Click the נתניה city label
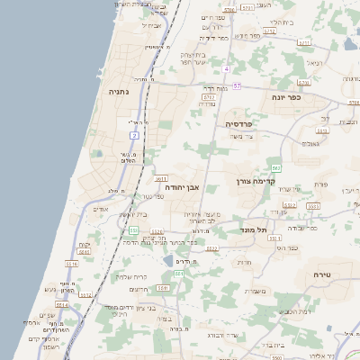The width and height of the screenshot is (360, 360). tap(119, 91)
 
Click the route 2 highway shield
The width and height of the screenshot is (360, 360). tap(134, 135)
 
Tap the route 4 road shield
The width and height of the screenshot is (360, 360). tap(228, 68)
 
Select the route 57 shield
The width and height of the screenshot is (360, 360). tap(236, 85)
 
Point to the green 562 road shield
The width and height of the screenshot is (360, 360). tap(276, 168)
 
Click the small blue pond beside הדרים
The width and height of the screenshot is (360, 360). tap(168, 261)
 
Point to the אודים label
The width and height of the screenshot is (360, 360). tap(101, 209)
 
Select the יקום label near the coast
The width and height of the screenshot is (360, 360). tap(85, 244)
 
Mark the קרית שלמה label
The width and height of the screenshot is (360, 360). tap(130, 276)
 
